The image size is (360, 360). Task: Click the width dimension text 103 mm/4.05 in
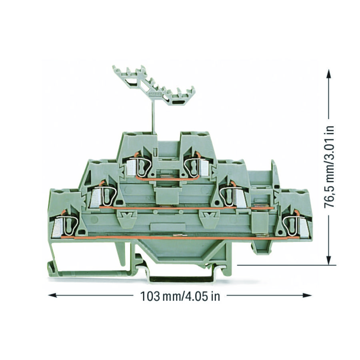click(x=180, y=296)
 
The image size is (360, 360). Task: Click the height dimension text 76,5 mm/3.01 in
click(x=329, y=167)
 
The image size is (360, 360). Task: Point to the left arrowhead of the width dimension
click(x=52, y=295)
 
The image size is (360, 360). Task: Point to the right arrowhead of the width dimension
click(x=307, y=295)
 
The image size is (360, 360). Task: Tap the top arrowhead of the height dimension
click(x=329, y=74)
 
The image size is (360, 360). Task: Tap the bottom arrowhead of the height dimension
click(x=329, y=260)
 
